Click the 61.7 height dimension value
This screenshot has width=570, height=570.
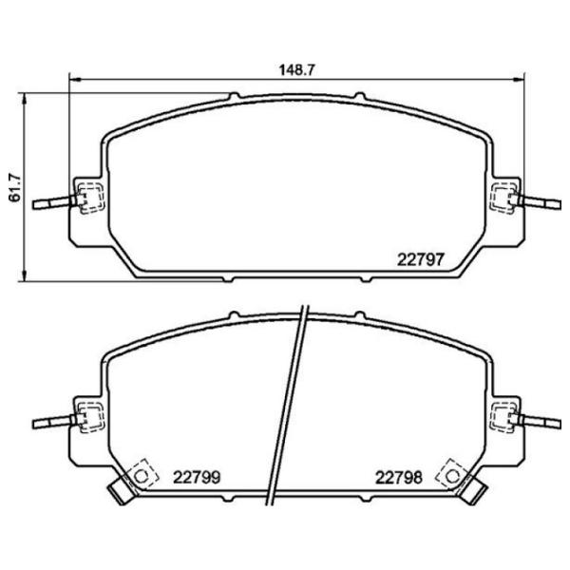click(13, 187)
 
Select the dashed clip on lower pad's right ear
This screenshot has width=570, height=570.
click(501, 416)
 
